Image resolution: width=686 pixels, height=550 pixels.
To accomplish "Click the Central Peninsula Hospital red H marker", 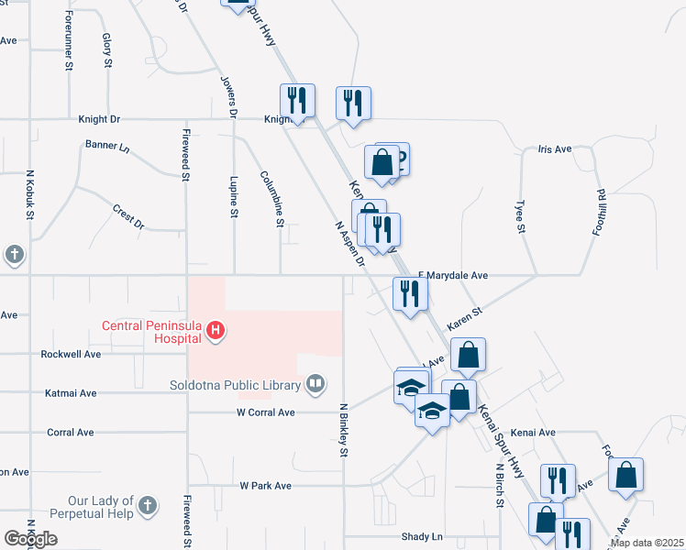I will pyautogui.click(x=215, y=331).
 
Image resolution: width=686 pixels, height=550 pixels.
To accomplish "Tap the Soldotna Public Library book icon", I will pyautogui.click(x=315, y=383).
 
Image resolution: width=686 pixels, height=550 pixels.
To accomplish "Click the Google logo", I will pyautogui.click(x=30, y=539).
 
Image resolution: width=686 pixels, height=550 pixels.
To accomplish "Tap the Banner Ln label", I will pyautogui.click(x=107, y=146).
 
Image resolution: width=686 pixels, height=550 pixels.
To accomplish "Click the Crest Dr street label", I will pyautogui.click(x=128, y=216).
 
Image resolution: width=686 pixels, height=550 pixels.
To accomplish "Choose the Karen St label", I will pyautogui.click(x=464, y=319).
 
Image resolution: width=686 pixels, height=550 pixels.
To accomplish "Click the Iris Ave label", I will pyautogui.click(x=554, y=148).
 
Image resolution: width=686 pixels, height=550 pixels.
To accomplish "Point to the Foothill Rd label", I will pyautogui.click(x=603, y=214).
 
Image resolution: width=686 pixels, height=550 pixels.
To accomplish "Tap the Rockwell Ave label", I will pyautogui.click(x=69, y=354).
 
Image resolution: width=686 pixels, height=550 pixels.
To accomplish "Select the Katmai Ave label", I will pyautogui.click(x=71, y=393).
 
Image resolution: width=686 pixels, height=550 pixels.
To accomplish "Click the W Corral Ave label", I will pyautogui.click(x=265, y=412).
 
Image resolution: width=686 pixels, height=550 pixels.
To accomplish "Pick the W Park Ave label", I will pyautogui.click(x=265, y=486).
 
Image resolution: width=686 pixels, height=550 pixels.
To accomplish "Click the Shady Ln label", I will pyautogui.click(x=422, y=536).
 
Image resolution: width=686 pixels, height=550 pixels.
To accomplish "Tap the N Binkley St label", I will pyautogui.click(x=345, y=430).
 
